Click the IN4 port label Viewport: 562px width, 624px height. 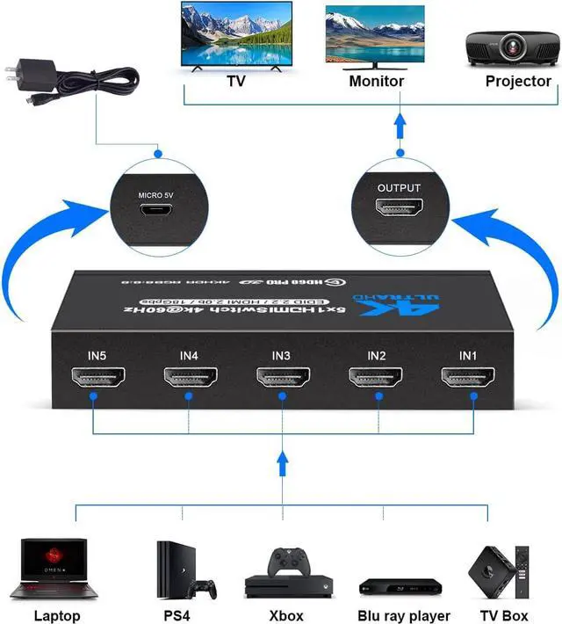point(189,355)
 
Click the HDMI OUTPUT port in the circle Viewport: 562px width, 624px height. point(399,209)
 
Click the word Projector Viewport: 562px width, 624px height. point(518,81)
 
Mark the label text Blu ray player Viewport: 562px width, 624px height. point(404,615)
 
